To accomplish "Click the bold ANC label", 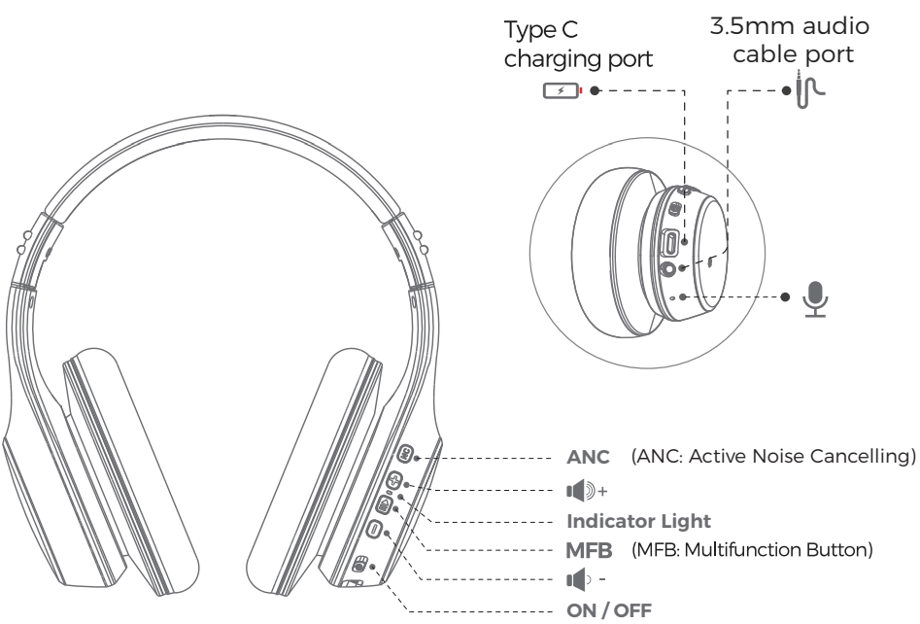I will [590, 456].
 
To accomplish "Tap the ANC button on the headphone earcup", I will [405, 453].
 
